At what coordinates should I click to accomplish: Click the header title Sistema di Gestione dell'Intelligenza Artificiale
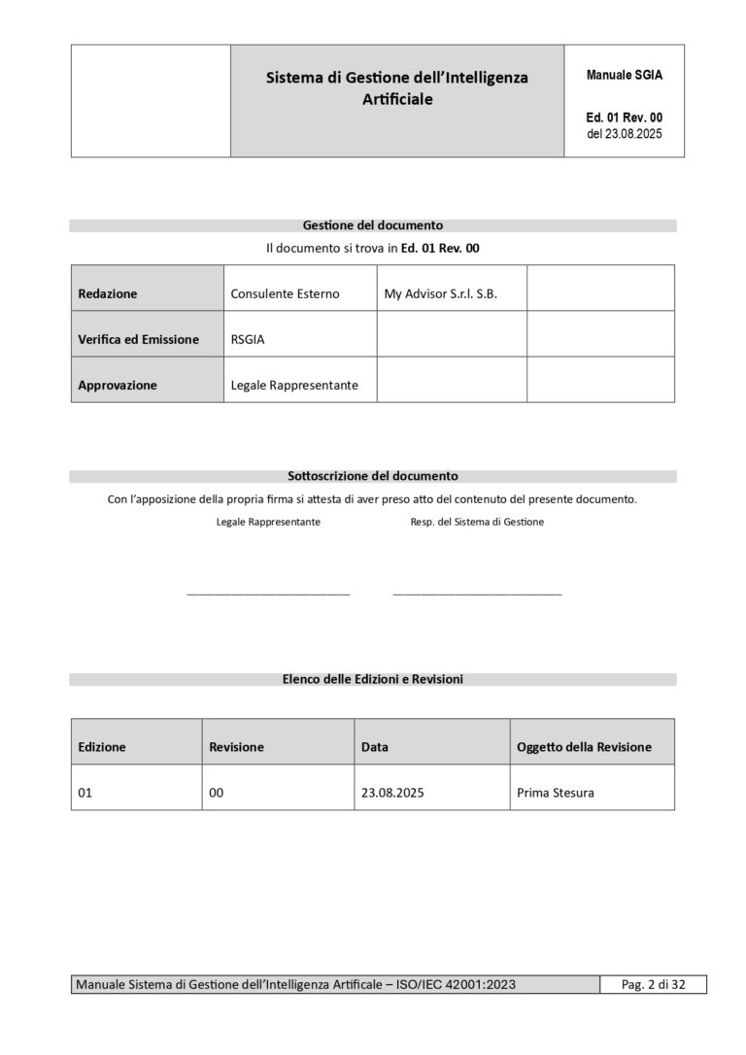click(396, 88)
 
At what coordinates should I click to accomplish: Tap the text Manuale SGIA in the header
click(625, 75)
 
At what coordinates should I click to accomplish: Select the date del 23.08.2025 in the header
click(625, 134)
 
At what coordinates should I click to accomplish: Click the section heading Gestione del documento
click(373, 225)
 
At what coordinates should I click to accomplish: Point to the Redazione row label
click(108, 293)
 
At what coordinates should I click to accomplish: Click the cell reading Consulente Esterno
click(285, 293)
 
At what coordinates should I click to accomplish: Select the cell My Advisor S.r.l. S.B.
click(440, 293)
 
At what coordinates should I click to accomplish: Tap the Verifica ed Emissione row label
click(138, 339)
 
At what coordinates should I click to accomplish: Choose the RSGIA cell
click(249, 339)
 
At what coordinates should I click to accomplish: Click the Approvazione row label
click(117, 385)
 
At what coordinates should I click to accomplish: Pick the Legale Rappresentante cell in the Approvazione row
click(294, 385)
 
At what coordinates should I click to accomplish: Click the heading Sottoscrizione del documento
click(373, 476)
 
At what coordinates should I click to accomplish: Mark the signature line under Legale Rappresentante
click(268, 592)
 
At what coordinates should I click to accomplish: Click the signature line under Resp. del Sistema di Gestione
click(477, 592)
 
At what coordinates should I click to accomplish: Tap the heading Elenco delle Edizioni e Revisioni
click(373, 679)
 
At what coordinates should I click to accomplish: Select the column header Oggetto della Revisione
click(584, 747)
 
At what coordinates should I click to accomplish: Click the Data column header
click(375, 747)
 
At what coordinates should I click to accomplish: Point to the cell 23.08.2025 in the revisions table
click(392, 793)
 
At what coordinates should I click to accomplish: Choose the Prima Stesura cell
click(556, 793)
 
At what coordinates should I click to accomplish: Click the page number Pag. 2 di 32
click(653, 985)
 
